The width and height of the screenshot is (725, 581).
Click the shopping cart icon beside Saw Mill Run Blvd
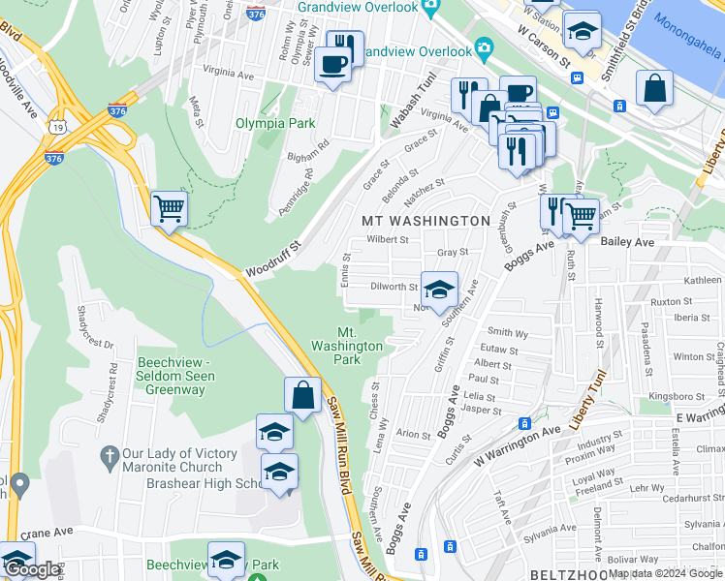[x=169, y=207]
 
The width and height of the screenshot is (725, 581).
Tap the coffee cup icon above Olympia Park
[x=332, y=65]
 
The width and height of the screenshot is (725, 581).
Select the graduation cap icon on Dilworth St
[x=439, y=289]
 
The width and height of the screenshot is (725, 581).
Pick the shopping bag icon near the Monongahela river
[x=655, y=88]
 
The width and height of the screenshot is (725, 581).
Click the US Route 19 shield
[x=60, y=127]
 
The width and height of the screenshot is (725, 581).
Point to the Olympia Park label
[x=262, y=124]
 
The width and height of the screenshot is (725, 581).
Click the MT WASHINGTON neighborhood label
[x=426, y=221]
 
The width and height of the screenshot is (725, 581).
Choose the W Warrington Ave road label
[x=518, y=444]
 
